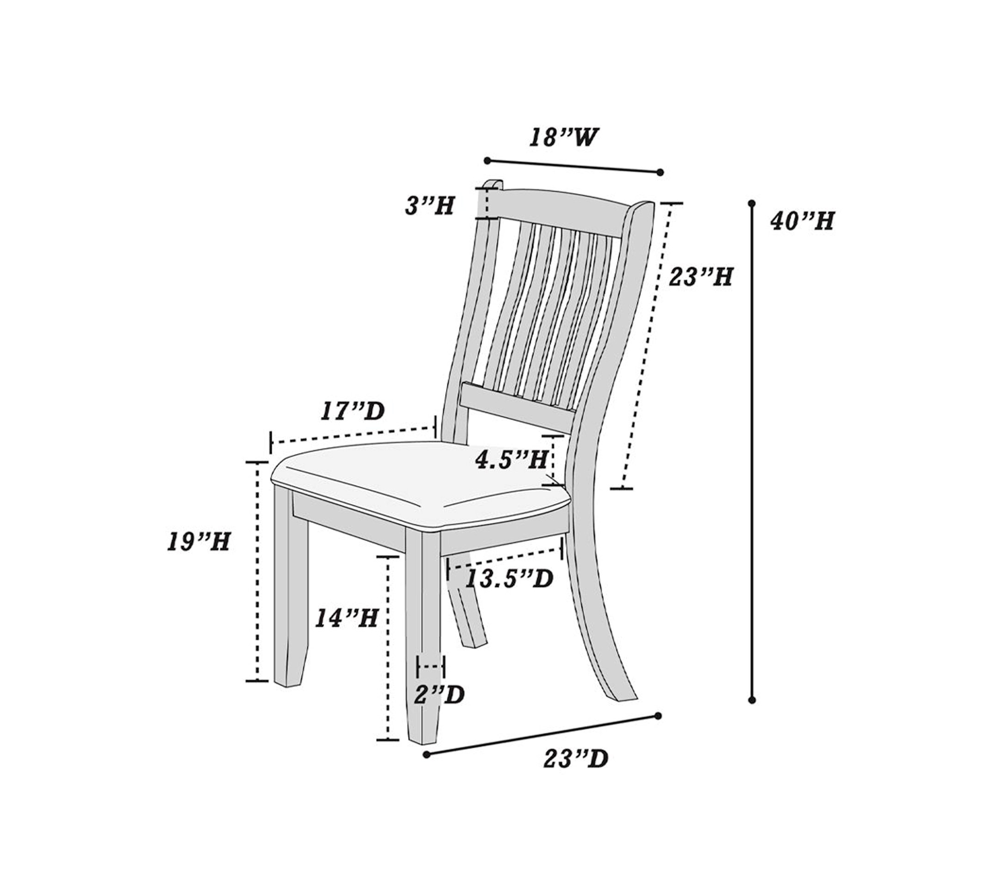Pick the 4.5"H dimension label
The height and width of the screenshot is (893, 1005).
(512, 460)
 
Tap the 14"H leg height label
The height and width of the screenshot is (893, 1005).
(346, 618)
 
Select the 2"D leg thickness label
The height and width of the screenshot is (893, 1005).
(439, 694)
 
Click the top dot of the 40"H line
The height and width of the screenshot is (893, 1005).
(751, 203)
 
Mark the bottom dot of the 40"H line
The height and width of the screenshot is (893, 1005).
(751, 700)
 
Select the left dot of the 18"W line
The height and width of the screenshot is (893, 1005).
(487, 160)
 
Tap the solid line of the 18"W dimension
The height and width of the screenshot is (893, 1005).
(574, 166)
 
